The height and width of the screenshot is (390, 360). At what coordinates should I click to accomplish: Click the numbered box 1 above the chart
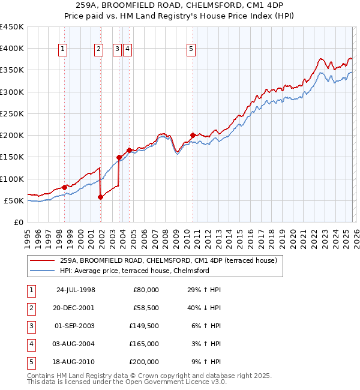63,50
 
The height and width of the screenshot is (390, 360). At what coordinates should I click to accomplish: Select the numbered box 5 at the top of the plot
191,50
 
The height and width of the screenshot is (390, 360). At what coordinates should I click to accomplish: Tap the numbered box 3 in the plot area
117,50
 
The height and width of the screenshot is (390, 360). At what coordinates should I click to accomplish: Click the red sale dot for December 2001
101,197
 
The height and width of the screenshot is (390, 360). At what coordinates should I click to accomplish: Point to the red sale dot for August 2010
193,136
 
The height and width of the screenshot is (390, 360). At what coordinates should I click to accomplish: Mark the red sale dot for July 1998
65,188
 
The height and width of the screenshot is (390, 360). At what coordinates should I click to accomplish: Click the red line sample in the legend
42,260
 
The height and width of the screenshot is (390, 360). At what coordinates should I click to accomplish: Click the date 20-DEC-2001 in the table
74,307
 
